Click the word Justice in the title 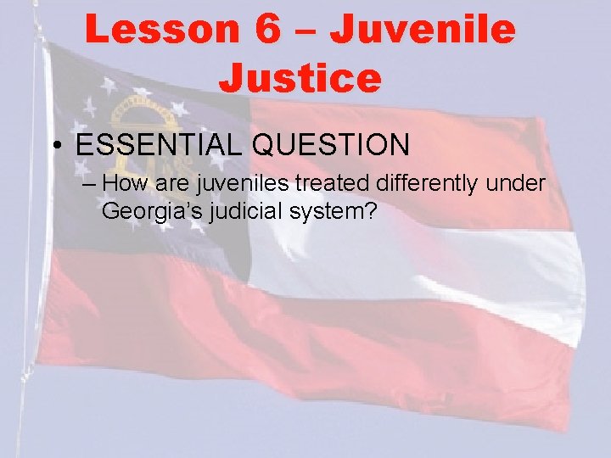click(300, 77)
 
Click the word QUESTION click(331, 145)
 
